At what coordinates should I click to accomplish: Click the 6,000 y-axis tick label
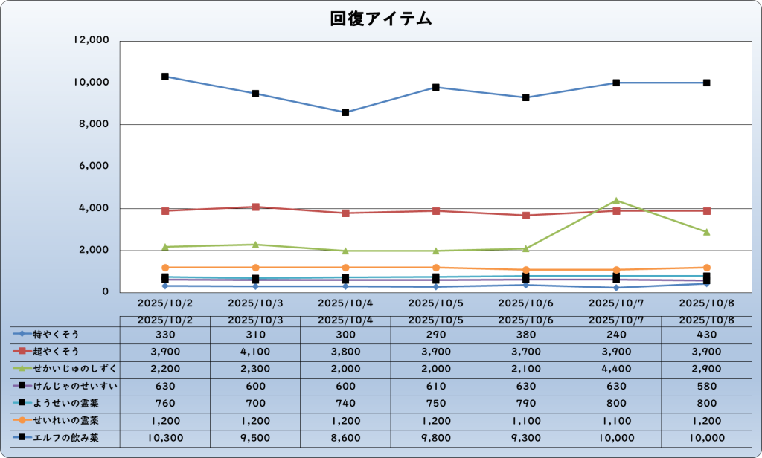[96, 167]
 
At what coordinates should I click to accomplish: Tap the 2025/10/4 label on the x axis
[345, 303]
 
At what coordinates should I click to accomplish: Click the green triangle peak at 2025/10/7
[616, 201]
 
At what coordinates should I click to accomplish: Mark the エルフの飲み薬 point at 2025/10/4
[345, 112]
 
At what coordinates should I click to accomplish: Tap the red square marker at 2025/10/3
[255, 207]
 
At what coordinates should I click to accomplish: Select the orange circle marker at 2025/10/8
[706, 268]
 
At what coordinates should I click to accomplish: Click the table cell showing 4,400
[616, 369]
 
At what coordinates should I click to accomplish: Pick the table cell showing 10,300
[164, 438]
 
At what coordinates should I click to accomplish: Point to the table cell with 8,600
[345, 438]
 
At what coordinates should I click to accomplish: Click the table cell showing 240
[616, 335]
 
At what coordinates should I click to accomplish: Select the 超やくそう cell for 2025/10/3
[255, 352]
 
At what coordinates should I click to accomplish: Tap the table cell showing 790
[525, 403]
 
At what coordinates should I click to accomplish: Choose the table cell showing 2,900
[706, 369]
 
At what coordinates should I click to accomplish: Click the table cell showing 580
[706, 386]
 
